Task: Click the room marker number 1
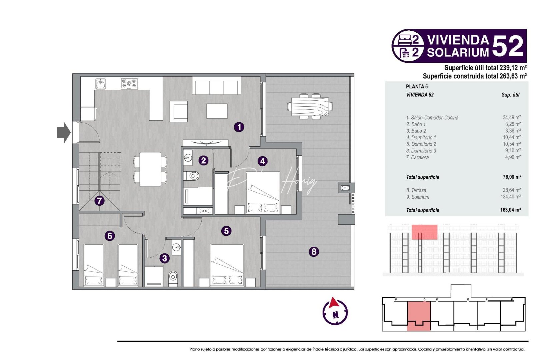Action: [239, 127]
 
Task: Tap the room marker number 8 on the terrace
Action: [314, 252]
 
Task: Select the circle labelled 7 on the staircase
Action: [99, 201]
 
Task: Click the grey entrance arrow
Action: [64, 132]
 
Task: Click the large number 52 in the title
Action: [507, 46]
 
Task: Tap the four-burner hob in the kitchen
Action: [129, 83]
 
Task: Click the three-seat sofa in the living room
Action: [217, 87]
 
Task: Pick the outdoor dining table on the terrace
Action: [310, 106]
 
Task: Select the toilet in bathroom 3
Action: [173, 276]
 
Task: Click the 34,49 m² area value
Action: [511, 118]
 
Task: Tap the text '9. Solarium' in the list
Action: [418, 197]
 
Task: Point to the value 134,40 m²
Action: [511, 197]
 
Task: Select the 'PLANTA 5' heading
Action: [417, 87]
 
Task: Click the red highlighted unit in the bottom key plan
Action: [419, 315]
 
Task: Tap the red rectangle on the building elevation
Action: [424, 232]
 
